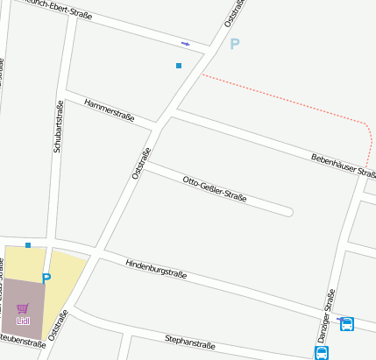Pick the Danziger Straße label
pos(325,314)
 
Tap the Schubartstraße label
pos(58,127)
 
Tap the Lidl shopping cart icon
pos(23,308)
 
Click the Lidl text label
pos(23,321)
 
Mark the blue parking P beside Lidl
pos(46,279)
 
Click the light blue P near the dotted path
pos(234,44)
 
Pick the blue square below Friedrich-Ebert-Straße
pos(179,66)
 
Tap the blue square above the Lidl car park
pos(28,245)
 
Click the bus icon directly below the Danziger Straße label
pos(322,352)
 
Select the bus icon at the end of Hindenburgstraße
pos(347,324)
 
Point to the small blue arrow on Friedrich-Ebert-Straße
pos(185,43)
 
